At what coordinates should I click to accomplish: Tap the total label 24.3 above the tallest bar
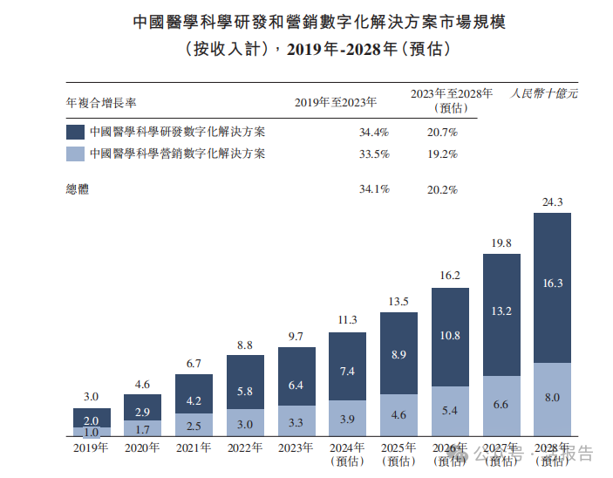click(552, 202)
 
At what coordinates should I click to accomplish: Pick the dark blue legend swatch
click(75, 133)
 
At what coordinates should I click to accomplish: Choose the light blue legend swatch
click(75, 154)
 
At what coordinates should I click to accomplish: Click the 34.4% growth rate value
click(373, 133)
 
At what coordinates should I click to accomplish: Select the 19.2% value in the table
click(442, 154)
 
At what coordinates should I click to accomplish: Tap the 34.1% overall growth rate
click(373, 188)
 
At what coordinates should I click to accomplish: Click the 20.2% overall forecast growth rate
click(442, 188)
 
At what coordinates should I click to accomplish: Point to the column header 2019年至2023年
click(336, 102)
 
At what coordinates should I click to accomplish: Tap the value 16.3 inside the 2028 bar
click(552, 283)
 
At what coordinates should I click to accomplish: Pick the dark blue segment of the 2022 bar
click(245, 381)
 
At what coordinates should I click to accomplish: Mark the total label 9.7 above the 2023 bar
click(296, 336)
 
